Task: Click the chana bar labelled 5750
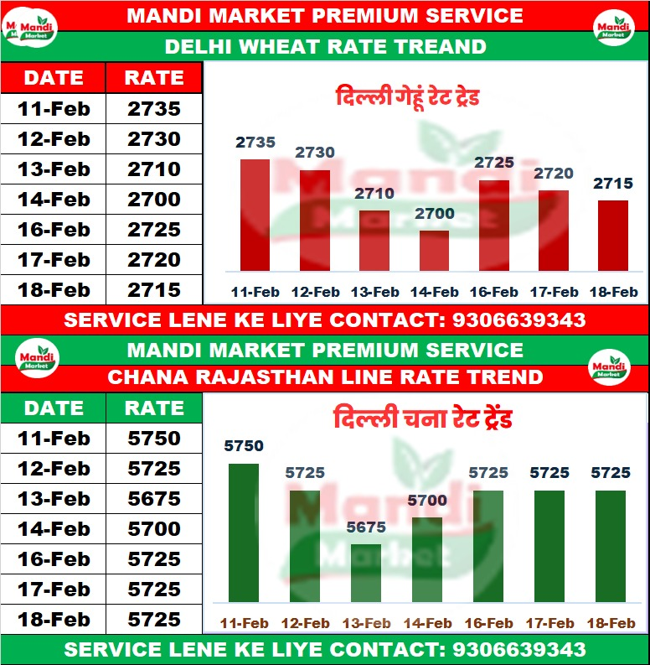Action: (x=244, y=533)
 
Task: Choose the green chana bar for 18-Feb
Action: (x=611, y=546)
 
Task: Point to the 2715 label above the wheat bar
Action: (x=613, y=184)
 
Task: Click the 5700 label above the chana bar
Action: (x=427, y=501)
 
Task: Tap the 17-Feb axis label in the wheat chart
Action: (x=554, y=292)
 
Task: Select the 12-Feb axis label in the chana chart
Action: (x=305, y=623)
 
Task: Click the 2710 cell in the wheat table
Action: (x=154, y=169)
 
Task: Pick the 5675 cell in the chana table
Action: (x=154, y=499)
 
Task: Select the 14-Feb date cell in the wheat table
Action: (x=54, y=200)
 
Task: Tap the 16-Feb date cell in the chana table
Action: (x=54, y=559)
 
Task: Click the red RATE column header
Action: (x=154, y=78)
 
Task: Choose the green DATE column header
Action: (x=54, y=408)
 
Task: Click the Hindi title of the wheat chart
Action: (x=407, y=97)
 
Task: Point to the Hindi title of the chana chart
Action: (x=422, y=418)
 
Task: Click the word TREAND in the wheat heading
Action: (x=440, y=46)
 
